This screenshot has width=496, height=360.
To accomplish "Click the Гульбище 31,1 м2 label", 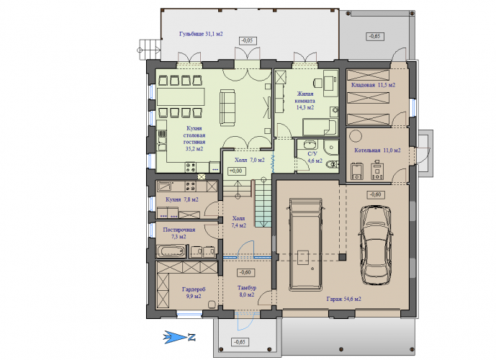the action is click(201, 34).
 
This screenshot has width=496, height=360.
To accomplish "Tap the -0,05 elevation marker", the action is click(248, 40).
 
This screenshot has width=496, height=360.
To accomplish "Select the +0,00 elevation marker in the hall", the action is click(236, 171).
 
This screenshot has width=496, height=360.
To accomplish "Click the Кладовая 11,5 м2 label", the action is click(373, 85).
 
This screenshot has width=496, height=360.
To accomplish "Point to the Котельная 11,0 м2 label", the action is click(377, 150).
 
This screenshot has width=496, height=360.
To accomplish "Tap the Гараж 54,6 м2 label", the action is click(343, 299).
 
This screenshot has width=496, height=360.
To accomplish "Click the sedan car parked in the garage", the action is click(375, 245).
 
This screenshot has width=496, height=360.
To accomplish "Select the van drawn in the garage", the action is click(306, 244).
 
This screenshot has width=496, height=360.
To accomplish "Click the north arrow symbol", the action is click(179, 337).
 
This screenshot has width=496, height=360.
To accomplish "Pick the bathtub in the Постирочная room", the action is click(171, 252).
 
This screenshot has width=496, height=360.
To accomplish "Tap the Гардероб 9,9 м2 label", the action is click(194, 293).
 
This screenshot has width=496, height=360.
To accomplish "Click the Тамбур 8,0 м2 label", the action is click(247, 292).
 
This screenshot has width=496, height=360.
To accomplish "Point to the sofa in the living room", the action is click(227, 108).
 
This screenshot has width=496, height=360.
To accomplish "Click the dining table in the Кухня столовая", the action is click(181, 96).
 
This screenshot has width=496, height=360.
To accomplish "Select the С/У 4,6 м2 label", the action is click(315, 157).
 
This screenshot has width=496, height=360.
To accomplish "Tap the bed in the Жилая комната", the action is click(320, 127).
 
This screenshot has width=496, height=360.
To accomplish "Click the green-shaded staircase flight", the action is click(263, 203).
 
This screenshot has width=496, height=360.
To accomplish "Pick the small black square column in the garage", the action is click(342, 256).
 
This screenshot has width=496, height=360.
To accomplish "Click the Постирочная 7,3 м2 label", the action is click(179, 233).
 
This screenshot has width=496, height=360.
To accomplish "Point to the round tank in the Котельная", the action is click(356, 136).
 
